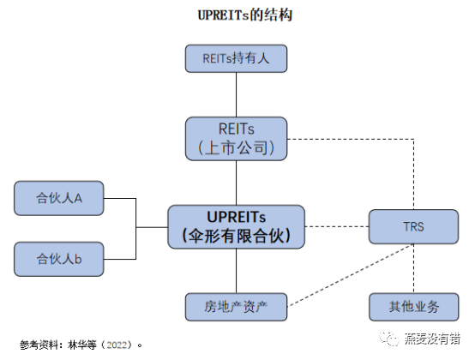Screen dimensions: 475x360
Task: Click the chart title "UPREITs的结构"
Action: coord(244,15)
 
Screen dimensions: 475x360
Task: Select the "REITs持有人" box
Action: coord(236,58)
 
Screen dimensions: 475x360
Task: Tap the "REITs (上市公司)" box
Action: coord(236,139)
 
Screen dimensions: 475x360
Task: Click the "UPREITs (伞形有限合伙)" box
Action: coord(237,227)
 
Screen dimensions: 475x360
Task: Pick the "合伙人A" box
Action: coord(59,198)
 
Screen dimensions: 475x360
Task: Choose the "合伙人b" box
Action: coord(59,259)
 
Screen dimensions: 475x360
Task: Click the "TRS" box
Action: coord(413,226)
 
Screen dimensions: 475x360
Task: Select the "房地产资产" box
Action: coord(236,307)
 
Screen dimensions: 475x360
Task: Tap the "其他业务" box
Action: coord(414,307)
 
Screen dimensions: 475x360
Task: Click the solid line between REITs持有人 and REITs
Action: coord(237,95)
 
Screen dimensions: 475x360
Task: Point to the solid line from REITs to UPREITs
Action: coord(237,183)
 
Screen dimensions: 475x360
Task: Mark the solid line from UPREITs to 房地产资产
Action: coord(237,271)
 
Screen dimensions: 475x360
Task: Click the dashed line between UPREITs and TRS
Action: coord(337,226)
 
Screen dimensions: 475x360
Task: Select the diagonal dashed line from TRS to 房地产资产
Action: coord(351,275)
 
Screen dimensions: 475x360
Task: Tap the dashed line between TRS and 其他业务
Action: coord(414,268)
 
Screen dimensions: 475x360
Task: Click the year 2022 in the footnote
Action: coord(117,345)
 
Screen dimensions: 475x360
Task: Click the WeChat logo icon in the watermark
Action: coord(389,338)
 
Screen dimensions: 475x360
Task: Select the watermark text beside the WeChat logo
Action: coord(432,339)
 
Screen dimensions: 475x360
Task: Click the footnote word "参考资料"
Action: coord(39,345)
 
